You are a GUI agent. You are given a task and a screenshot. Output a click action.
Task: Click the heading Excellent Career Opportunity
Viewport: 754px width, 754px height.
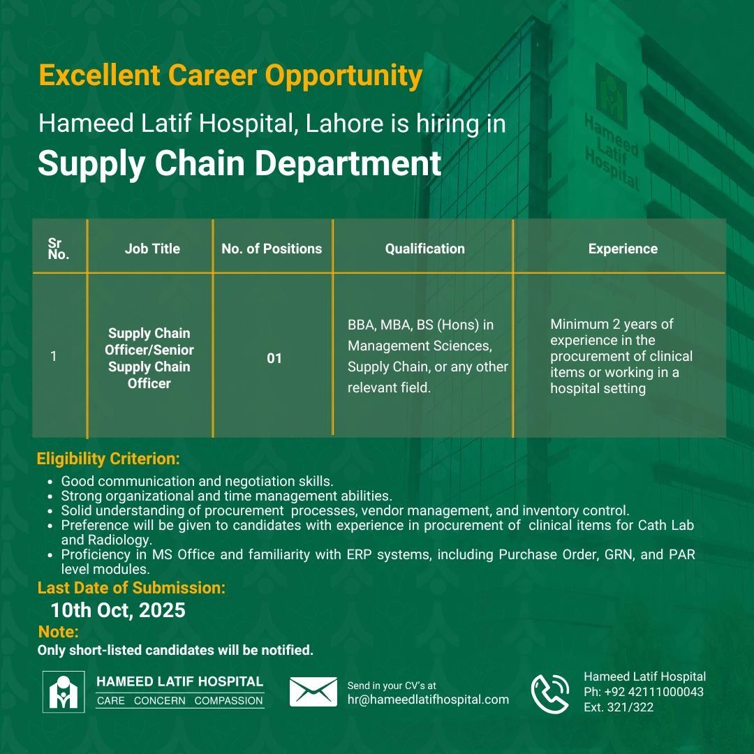click(230, 76)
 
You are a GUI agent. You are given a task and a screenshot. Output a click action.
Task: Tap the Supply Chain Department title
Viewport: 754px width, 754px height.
click(239, 163)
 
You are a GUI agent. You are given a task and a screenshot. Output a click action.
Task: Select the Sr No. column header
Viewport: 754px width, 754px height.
click(58, 249)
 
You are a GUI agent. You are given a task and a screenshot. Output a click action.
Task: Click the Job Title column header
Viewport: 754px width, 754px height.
click(152, 249)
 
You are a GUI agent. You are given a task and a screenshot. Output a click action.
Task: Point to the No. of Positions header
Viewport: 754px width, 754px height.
click(272, 249)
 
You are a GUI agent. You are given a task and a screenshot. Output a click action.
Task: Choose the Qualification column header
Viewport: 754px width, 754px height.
click(425, 249)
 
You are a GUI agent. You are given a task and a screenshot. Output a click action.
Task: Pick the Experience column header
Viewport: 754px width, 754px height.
click(623, 249)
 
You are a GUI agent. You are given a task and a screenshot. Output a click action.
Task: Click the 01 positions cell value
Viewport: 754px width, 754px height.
click(274, 358)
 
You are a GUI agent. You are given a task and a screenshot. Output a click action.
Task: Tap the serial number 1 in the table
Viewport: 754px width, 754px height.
click(53, 356)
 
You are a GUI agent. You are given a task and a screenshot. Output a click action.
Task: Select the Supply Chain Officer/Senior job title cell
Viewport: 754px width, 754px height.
click(149, 358)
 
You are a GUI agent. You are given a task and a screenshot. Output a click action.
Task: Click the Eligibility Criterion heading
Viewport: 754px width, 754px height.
click(109, 459)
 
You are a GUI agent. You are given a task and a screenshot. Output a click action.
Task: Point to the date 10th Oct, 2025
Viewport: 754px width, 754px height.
click(118, 610)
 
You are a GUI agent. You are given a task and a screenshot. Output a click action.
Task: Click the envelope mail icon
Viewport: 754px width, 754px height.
click(313, 692)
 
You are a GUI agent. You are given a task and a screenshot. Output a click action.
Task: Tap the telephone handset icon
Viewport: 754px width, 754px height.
click(549, 693)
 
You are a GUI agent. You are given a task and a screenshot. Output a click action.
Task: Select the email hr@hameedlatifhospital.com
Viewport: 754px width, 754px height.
click(428, 700)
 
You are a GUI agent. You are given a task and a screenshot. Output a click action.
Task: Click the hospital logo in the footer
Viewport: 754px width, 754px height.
click(64, 692)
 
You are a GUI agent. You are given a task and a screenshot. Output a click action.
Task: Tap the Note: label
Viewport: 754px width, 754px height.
click(58, 632)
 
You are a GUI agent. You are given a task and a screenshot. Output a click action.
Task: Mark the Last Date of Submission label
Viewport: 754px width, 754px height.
click(131, 588)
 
